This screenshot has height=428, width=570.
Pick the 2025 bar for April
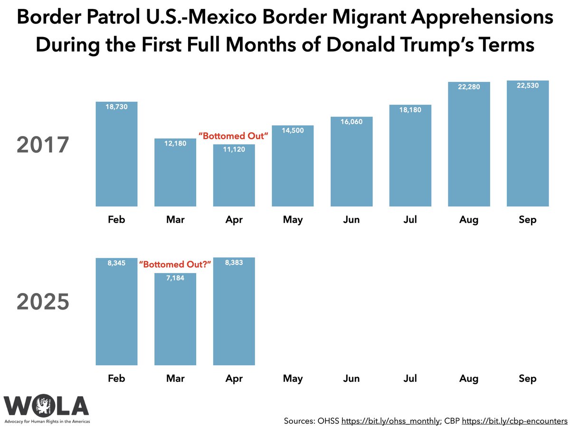pos(234,314)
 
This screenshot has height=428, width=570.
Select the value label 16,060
pos(351,122)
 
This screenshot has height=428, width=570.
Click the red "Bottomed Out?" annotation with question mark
pos(175,264)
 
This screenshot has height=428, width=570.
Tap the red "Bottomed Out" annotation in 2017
pos(234,136)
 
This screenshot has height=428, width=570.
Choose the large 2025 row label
pos(43,302)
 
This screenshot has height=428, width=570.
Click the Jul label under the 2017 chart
pos(410,220)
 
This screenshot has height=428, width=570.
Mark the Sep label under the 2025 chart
pos(528,379)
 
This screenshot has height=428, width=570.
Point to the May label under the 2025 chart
pos(293,379)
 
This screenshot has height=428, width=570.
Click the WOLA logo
pos(47,407)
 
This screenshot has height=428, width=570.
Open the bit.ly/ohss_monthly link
pos(391,420)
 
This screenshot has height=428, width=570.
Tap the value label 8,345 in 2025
pos(116,263)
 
